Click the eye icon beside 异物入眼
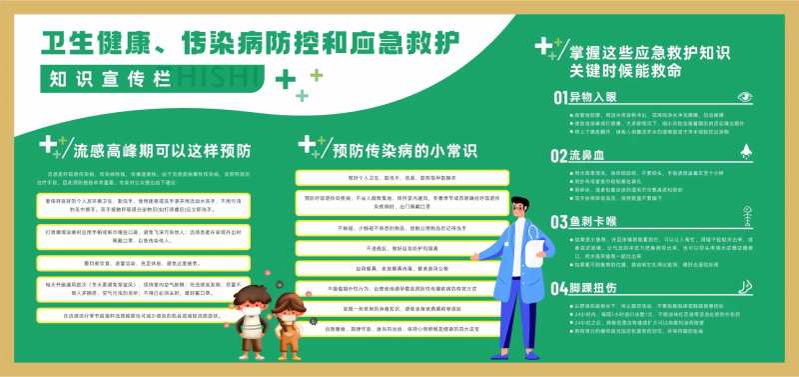pos(744,97)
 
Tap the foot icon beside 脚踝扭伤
pos(745,286)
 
